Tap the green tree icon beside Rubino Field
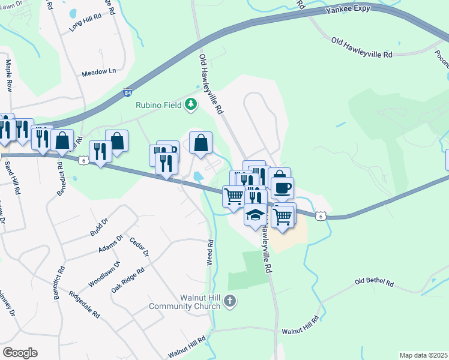click(191, 104)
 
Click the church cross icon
click(229, 302)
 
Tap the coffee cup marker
click(282, 188)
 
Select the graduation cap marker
click(255, 214)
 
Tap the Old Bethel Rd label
click(373, 282)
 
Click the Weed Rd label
click(211, 252)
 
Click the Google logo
click(20, 353)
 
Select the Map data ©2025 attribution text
click(423, 355)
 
